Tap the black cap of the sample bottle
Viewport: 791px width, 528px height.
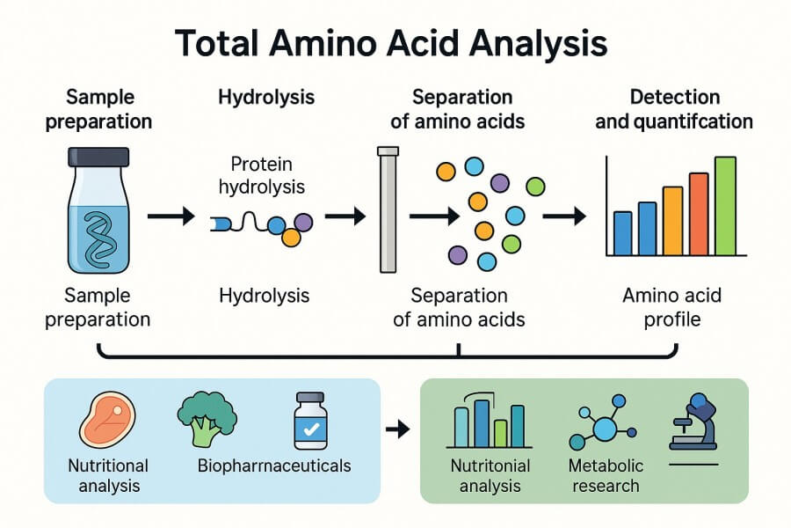point(98,158)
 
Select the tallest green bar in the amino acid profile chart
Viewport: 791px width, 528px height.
point(725,206)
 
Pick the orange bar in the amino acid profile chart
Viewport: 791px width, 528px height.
point(699,214)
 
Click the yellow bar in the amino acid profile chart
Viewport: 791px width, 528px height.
point(672,221)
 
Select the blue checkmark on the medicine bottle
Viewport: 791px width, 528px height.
point(309,429)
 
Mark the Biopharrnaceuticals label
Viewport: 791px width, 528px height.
point(275,466)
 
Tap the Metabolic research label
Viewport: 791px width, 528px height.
point(606,475)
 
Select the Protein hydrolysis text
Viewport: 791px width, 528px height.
point(261,175)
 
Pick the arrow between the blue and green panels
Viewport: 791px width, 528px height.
point(398,429)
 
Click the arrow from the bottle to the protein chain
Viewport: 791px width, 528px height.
point(171,216)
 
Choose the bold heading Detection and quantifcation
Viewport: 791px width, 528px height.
point(674,109)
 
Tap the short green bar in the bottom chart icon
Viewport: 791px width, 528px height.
point(500,433)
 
